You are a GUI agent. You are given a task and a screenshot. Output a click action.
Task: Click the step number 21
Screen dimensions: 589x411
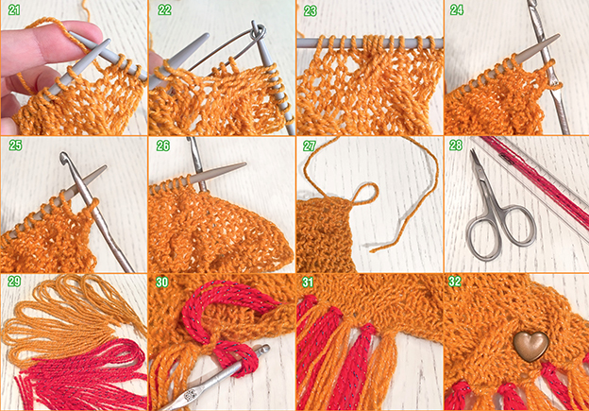pos(14,10)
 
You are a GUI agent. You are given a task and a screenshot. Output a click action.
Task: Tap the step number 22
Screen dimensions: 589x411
pos(164,10)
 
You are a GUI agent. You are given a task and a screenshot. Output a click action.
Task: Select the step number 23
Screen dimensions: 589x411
pos(311,11)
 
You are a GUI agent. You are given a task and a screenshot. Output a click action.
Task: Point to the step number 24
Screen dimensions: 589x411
pos(457,10)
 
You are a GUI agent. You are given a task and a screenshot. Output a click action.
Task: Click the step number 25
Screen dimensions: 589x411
pos(15,146)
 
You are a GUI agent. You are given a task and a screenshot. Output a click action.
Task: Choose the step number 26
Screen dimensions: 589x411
pos(163,146)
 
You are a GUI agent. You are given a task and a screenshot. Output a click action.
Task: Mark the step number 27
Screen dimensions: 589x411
pos(310,146)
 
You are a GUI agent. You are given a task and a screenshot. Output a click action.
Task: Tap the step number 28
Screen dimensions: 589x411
pos(456,146)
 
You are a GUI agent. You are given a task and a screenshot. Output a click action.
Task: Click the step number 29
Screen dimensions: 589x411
pos(14,282)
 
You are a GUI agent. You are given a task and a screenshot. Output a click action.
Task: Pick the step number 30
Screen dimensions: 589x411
pos(162,282)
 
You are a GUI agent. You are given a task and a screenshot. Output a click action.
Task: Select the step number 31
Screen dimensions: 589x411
pos(308,282)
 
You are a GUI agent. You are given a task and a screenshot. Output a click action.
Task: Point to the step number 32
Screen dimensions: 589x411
pos(455,282)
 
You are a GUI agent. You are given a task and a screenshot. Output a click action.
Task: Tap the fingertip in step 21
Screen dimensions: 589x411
pos(91,31)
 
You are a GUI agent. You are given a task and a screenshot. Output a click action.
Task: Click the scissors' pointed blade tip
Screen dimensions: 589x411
pos(472,151)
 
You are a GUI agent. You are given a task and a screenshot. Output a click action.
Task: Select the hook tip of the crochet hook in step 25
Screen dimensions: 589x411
pos(64,157)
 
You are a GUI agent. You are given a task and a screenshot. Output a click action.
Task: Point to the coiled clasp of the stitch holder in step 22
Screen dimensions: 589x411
pos(259,31)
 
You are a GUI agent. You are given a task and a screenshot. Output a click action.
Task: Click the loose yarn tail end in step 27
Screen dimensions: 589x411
pos(372,249)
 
